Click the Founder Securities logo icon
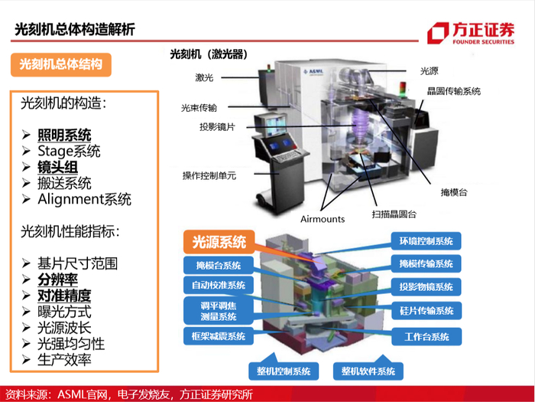tap(438, 33)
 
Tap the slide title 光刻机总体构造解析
tap(75, 29)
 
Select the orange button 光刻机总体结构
tap(61, 64)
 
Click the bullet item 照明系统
tap(64, 135)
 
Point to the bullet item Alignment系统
tap(84, 199)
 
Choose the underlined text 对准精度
tap(64, 296)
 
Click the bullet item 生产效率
tap(64, 360)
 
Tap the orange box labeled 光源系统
tap(219, 242)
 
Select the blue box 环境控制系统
tap(426, 241)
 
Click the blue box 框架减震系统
tap(219, 336)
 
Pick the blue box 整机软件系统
tap(368, 371)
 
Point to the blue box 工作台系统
tap(426, 337)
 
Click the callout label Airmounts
tap(323, 219)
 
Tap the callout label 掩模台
tap(454, 192)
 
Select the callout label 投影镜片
tap(217, 127)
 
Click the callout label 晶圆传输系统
tap(454, 91)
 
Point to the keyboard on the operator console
tap(289, 157)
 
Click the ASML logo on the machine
tap(313, 73)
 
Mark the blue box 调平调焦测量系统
tap(219, 311)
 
